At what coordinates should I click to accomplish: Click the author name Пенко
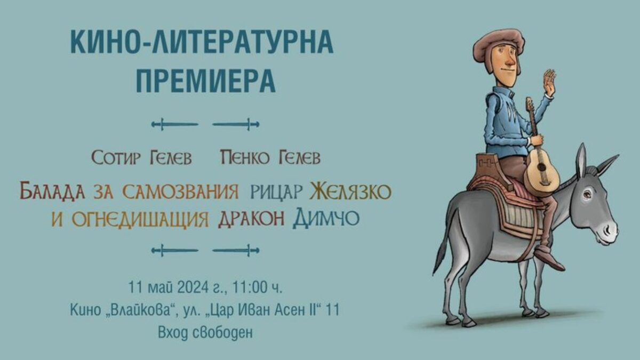[x=245, y=157]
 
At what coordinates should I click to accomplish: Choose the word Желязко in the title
[x=350, y=191]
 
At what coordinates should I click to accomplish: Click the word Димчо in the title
[x=326, y=218]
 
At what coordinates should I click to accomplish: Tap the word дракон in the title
[x=251, y=219]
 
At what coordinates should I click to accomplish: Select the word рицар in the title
[x=276, y=192]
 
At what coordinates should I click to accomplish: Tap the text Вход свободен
[x=205, y=333]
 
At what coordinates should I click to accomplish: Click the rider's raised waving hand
[x=549, y=83]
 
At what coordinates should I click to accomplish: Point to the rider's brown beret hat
[x=499, y=43]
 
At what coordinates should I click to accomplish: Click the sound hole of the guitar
[x=541, y=167]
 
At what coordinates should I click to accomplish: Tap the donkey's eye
[x=588, y=195]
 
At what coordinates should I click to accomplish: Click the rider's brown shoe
[x=549, y=259]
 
